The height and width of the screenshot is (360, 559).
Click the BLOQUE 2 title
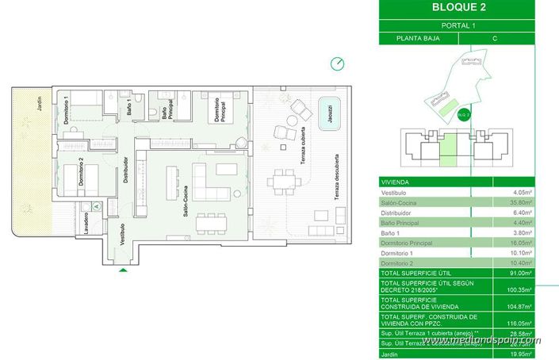[x=454, y=9]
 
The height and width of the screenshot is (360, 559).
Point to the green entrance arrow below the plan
[x=122, y=271]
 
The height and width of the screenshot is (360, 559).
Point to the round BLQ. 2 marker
[x=464, y=114]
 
